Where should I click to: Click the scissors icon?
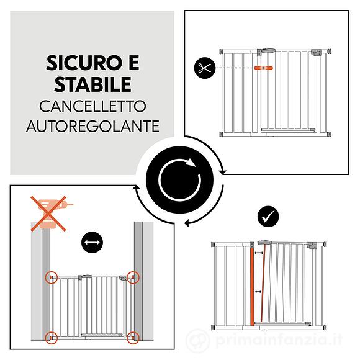point(203,67)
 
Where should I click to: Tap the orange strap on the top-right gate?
point(261,67)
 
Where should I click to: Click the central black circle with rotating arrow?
point(180,179)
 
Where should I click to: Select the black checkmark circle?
point(268,217)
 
